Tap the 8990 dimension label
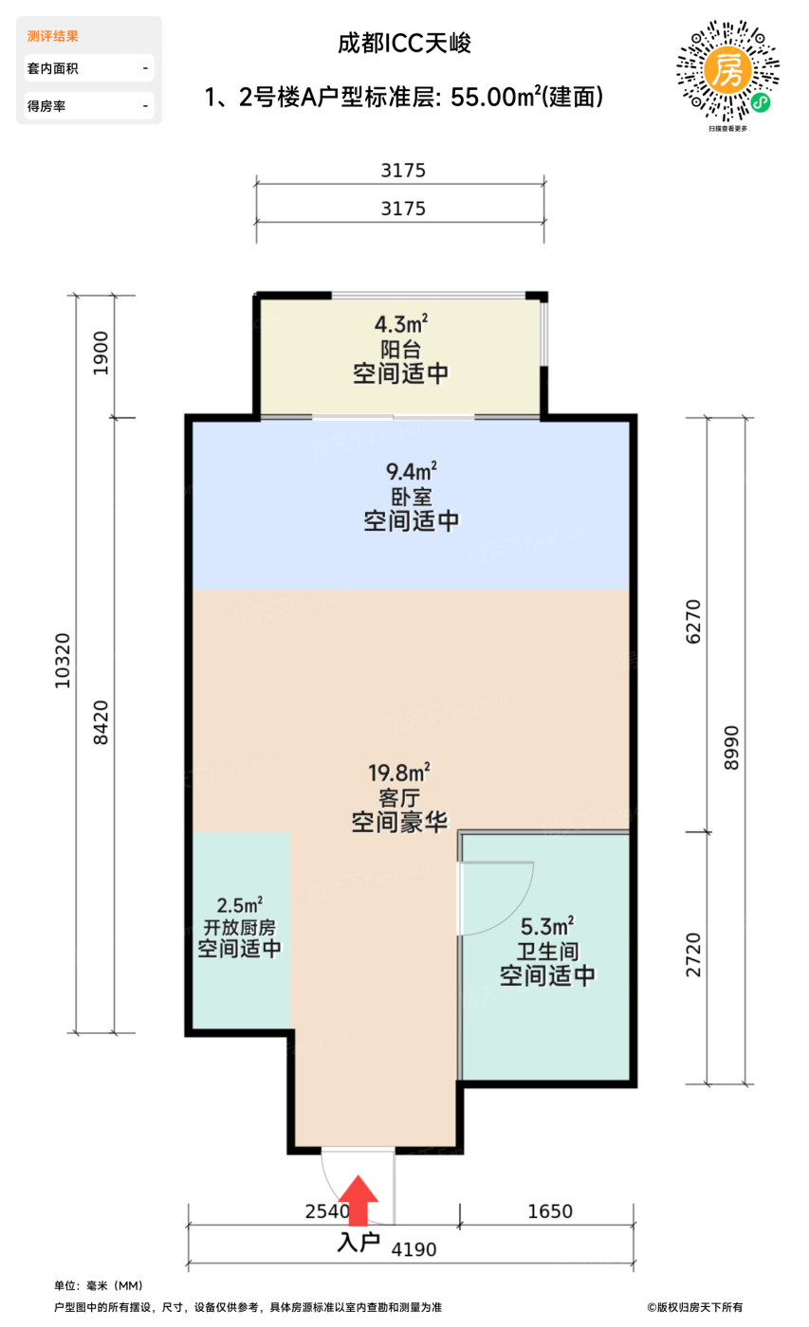coord(730,750)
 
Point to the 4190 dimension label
coord(414,1249)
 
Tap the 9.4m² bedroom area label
coord(412,471)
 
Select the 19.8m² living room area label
coord(399,773)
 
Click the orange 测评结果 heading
coord(52,36)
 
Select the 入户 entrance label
coord(359,1242)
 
